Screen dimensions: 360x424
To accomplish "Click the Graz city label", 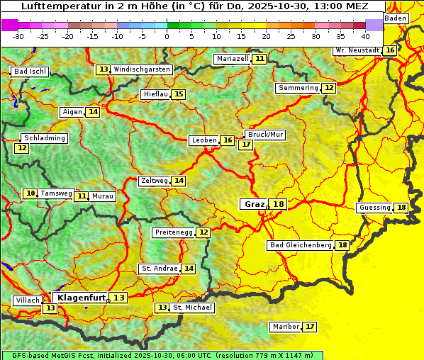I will click(x=254, y=204).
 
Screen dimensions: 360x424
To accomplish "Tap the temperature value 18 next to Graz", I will click(x=279, y=204).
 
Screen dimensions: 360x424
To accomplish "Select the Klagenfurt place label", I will click(x=81, y=298).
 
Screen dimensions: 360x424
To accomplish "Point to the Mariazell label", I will click(x=233, y=59).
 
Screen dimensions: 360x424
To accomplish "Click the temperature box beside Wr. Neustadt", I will click(x=390, y=50).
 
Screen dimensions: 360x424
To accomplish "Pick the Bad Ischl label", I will click(x=30, y=72).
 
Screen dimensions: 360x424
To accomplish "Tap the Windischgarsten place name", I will click(x=142, y=69).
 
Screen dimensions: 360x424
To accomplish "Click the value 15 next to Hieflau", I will click(x=179, y=94).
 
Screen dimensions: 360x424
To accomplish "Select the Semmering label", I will click(x=298, y=88).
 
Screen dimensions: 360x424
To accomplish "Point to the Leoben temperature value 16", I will click(x=227, y=140).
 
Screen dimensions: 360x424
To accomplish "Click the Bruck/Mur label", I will click(x=265, y=134).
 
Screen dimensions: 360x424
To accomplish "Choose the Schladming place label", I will click(x=45, y=138).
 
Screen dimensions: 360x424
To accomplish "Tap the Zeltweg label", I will click(x=154, y=181).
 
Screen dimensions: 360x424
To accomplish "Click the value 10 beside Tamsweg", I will click(x=30, y=193).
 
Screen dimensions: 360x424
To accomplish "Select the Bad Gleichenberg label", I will click(x=301, y=245).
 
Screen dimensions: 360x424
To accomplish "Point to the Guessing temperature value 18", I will click(x=401, y=208).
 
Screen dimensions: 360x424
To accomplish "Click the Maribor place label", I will click(x=285, y=327).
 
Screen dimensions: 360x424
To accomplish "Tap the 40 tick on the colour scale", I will click(x=365, y=35).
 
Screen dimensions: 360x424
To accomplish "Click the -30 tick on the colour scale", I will click(x=18, y=35).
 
